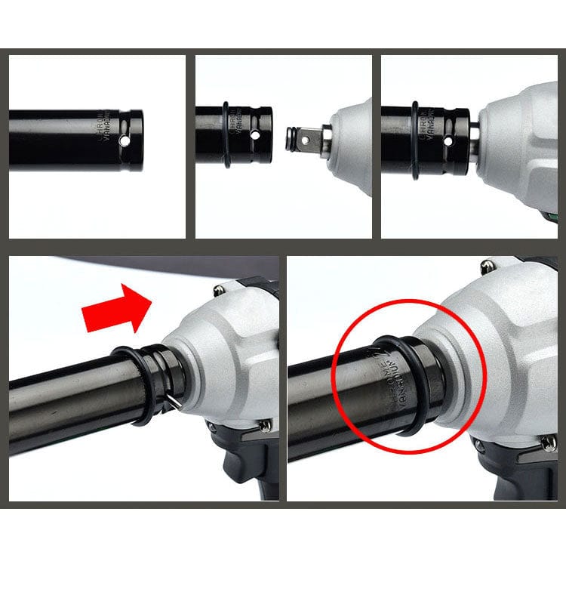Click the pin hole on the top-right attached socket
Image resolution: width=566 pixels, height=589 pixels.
coord(448,141)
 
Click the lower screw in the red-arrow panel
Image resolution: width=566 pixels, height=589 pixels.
coord(265,426)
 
